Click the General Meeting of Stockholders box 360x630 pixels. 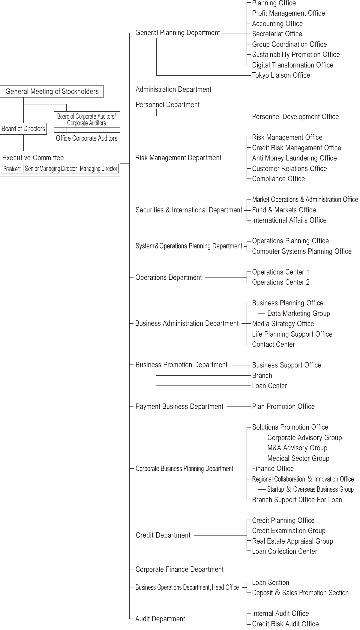(52, 91)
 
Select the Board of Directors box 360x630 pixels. (23, 129)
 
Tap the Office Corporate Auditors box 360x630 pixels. (87, 138)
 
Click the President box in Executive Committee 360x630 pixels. (12, 169)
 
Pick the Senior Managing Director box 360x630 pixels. (51, 169)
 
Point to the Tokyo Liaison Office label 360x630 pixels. (281, 75)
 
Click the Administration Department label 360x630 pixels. (173, 89)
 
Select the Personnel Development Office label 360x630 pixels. (295, 117)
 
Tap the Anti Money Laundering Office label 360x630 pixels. (294, 158)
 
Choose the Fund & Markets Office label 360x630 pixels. (284, 210)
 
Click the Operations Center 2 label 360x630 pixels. (280, 282)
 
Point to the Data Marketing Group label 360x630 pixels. (298, 313)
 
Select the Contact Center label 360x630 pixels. (273, 344)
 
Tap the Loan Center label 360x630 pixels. (269, 386)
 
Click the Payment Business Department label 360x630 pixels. (179, 406)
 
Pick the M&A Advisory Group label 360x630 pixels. (297, 448)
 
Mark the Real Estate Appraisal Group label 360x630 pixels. (292, 541)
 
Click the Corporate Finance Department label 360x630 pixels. (179, 569)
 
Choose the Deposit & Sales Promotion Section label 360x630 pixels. (300, 593)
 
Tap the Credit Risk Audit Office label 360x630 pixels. (285, 624)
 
